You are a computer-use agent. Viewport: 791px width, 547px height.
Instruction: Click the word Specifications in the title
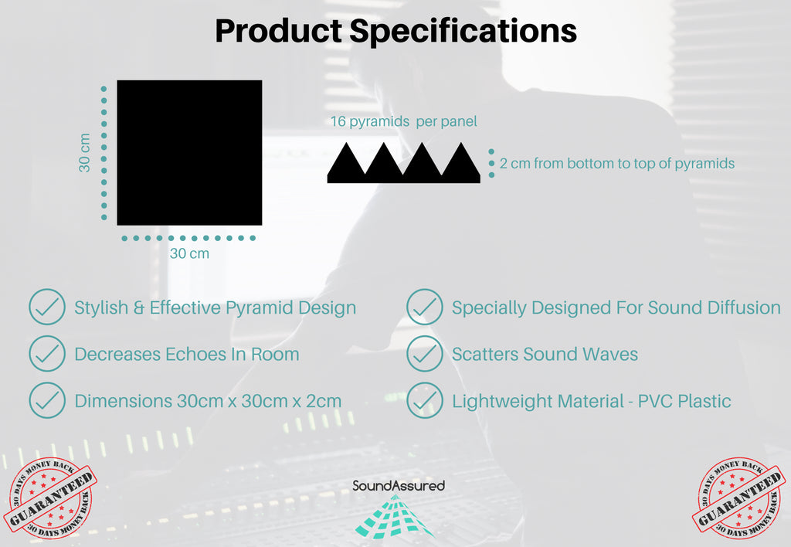[463, 31]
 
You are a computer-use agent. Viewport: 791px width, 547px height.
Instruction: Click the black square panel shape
[189, 152]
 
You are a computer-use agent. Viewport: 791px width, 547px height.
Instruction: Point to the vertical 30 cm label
[85, 152]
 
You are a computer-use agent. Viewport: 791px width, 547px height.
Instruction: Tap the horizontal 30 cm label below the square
[189, 253]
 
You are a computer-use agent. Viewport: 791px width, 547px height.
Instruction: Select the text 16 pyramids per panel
[403, 121]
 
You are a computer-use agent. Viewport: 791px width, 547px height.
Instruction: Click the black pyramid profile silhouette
[403, 162]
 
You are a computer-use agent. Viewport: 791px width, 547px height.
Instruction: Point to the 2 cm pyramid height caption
[617, 164]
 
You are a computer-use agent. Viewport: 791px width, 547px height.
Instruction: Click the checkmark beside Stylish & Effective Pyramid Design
[47, 307]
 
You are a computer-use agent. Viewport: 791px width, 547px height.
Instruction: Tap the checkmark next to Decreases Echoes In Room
[47, 354]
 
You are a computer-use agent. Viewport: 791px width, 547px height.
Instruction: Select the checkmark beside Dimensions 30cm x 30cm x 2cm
[47, 401]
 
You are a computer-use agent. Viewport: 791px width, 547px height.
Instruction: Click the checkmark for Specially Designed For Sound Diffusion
[425, 307]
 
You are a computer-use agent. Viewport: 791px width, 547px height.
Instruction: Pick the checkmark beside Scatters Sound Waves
[425, 354]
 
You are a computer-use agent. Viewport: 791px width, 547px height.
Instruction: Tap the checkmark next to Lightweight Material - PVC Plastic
[425, 401]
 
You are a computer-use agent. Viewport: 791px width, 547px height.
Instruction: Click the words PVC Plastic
[684, 401]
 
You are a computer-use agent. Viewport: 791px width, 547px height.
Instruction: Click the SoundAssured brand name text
[399, 485]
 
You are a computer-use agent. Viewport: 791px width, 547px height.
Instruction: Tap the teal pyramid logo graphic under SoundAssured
[394, 516]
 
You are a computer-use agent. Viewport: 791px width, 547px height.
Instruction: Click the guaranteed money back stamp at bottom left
[50, 497]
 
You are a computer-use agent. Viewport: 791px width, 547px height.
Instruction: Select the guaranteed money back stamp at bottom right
[739, 497]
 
